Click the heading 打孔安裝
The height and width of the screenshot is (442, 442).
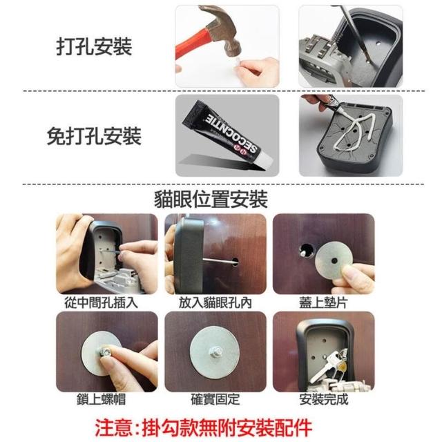tap(94, 46)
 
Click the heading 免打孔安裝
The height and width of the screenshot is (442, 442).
tap(94, 136)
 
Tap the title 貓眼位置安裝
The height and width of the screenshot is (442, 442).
tap(211, 200)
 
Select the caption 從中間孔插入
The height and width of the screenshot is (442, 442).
tap(102, 302)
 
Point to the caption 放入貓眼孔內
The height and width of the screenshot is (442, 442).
tap(215, 302)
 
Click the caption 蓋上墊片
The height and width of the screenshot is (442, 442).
tap(323, 302)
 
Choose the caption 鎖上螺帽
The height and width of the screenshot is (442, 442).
tap(102, 399)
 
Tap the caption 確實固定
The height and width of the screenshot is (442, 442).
tap(215, 399)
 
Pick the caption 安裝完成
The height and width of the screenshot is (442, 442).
tap(324, 399)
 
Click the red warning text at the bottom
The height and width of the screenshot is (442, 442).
tap(204, 427)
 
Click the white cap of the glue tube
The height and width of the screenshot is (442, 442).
tap(266, 162)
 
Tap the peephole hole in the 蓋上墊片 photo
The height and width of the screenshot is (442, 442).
tap(305, 251)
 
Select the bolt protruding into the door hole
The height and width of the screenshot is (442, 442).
tap(220, 261)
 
